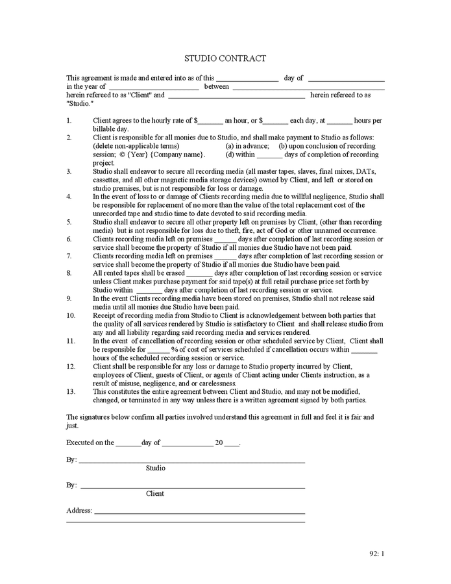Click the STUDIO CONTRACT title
[x=225, y=58]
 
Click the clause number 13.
[x=71, y=392]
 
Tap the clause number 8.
[x=69, y=273]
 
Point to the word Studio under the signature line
[x=156, y=468]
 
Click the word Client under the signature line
[x=155, y=494]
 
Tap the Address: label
[x=79, y=511]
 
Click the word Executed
[x=81, y=443]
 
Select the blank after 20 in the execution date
[x=232, y=444]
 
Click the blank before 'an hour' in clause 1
[x=211, y=121]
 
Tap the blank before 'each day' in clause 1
[x=276, y=121]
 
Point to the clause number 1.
[x=69, y=121]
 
